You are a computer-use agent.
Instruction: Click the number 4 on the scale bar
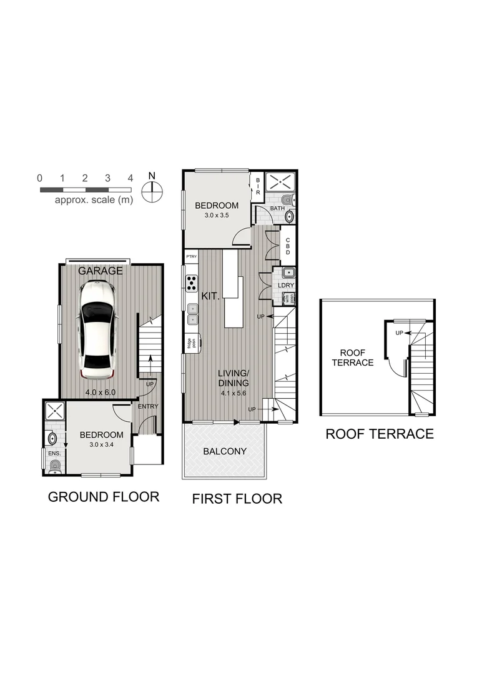(130, 178)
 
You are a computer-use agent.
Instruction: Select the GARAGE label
(100, 271)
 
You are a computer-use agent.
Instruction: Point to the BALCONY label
(225, 451)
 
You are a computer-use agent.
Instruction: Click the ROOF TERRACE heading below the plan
(379, 434)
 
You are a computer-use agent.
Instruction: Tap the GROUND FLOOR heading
(104, 497)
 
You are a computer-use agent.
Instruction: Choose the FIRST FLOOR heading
(237, 499)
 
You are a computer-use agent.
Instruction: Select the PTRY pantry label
(191, 257)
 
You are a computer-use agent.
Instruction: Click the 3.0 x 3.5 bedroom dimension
(217, 216)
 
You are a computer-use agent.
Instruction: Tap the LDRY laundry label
(285, 286)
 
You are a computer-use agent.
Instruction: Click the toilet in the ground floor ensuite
(54, 465)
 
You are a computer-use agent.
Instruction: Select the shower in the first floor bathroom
(280, 182)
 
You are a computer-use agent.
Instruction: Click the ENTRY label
(149, 406)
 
